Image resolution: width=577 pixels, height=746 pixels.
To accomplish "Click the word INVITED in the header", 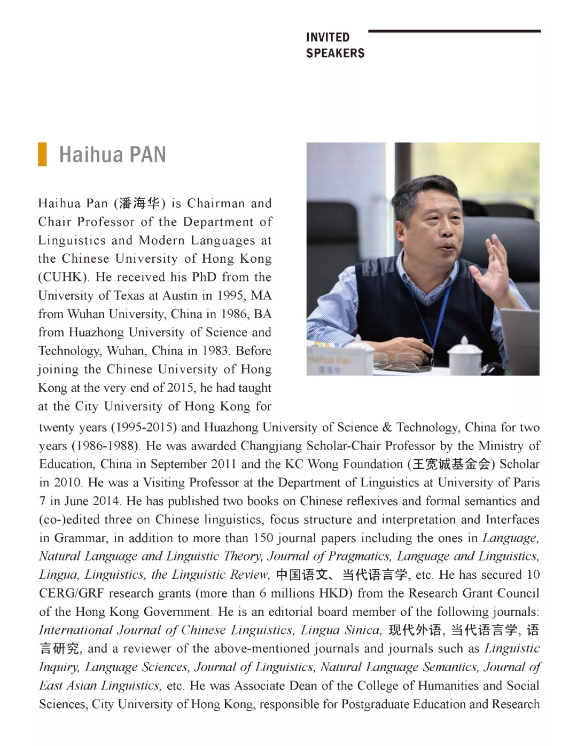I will pos(328,37).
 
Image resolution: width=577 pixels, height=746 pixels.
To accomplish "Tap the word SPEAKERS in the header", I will pos(335,53).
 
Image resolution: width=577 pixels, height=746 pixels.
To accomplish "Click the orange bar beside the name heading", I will pos(42,154).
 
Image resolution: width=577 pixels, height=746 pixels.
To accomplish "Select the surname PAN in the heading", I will pos(147,155).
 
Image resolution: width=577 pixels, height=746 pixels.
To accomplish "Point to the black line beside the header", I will pos(454,31).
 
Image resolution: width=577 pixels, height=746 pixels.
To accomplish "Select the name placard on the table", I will pos(331,363).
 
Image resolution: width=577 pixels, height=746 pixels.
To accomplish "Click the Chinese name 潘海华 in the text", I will pos(139,203).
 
